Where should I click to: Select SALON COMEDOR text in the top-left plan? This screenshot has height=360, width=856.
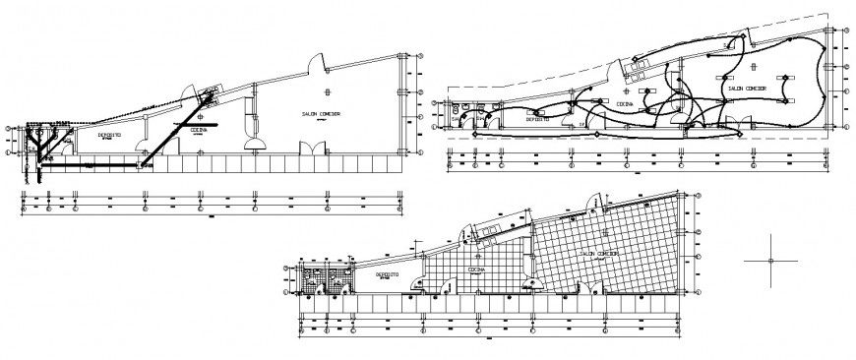(322, 115)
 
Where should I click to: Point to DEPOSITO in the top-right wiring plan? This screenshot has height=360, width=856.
(537, 118)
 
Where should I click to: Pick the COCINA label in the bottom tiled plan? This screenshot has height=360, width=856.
(476, 268)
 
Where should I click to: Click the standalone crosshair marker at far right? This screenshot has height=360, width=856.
(770, 261)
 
